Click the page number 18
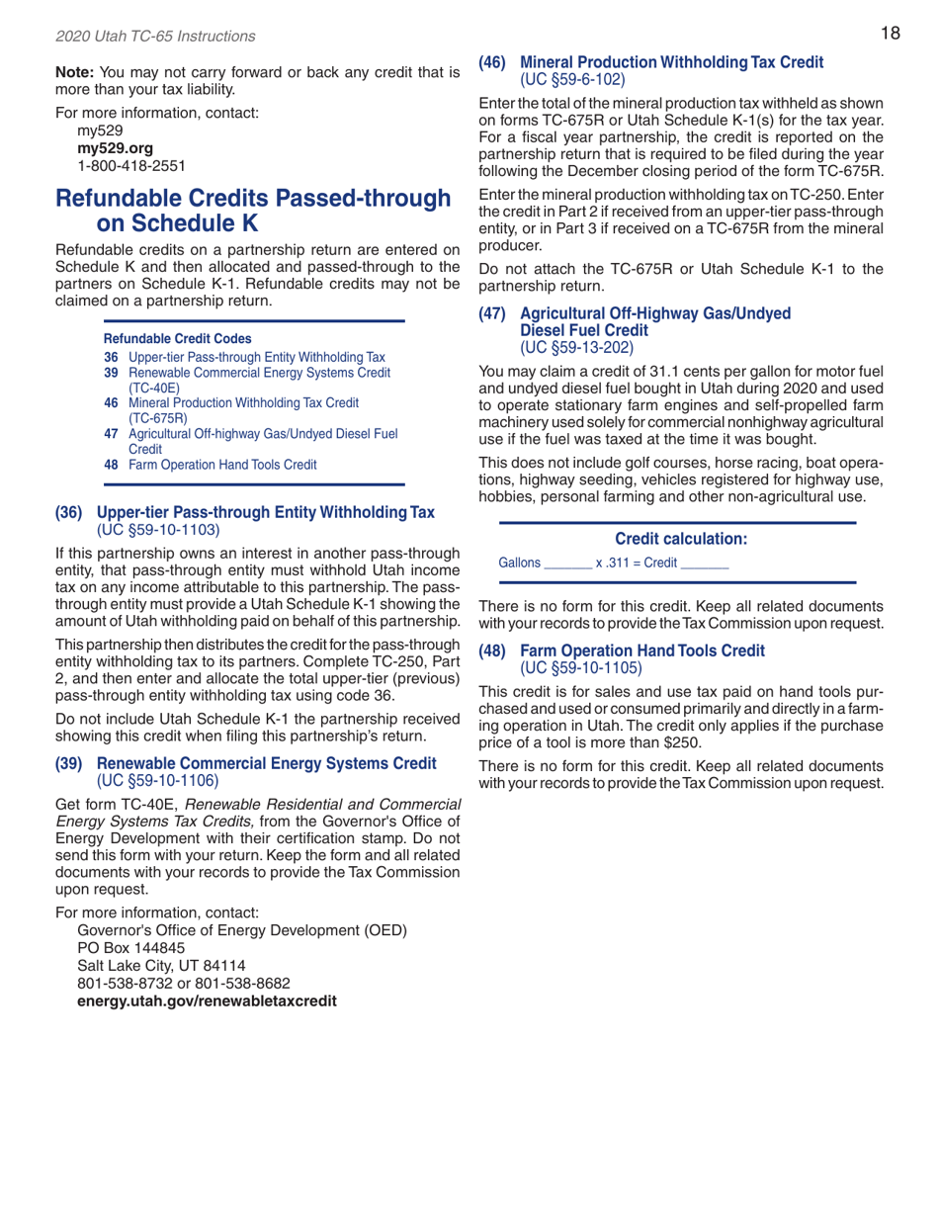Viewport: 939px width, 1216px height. coord(890,35)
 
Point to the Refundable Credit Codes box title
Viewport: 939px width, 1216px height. coord(171,338)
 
